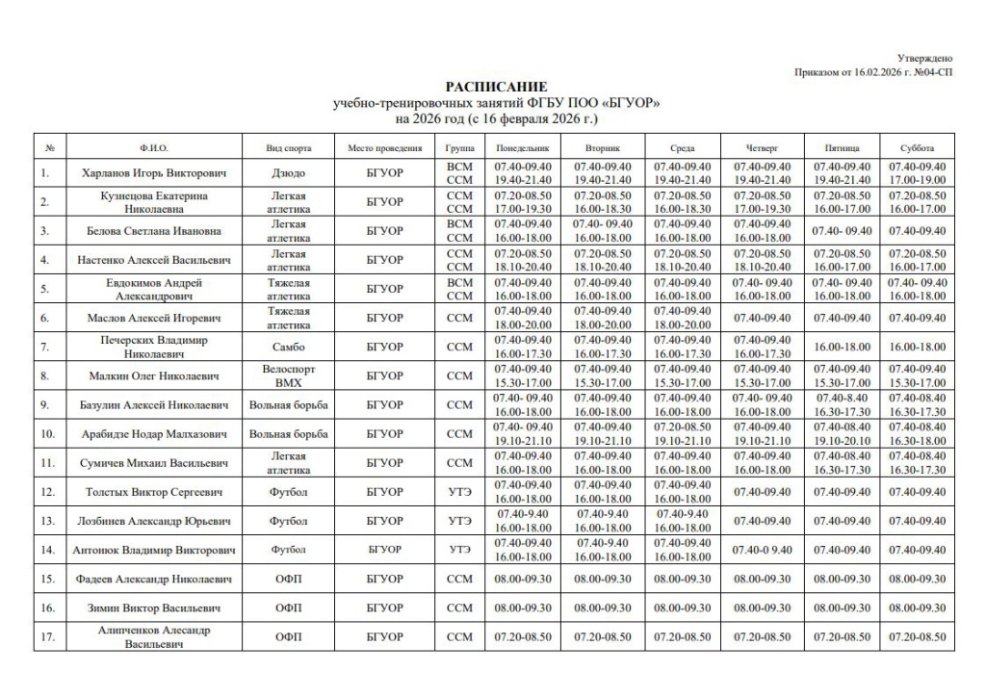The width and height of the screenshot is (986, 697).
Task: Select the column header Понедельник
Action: coord(522,148)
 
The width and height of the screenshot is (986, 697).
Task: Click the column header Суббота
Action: coord(918,148)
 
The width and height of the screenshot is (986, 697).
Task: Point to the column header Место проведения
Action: coord(385,148)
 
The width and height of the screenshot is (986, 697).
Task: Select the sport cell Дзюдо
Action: coord(289,174)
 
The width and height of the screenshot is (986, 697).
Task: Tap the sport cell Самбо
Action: coord(289,347)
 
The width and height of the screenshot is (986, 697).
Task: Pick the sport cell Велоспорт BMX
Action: coord(289,375)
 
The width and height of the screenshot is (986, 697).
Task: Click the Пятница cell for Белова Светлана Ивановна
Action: coord(840,231)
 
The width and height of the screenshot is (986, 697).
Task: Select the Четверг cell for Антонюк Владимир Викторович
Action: coord(761,550)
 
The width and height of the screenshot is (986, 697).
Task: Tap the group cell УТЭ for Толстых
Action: coord(460,492)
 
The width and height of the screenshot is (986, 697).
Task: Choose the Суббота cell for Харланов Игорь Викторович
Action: coord(918,174)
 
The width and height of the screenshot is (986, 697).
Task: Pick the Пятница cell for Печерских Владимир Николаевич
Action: coord(840,347)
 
